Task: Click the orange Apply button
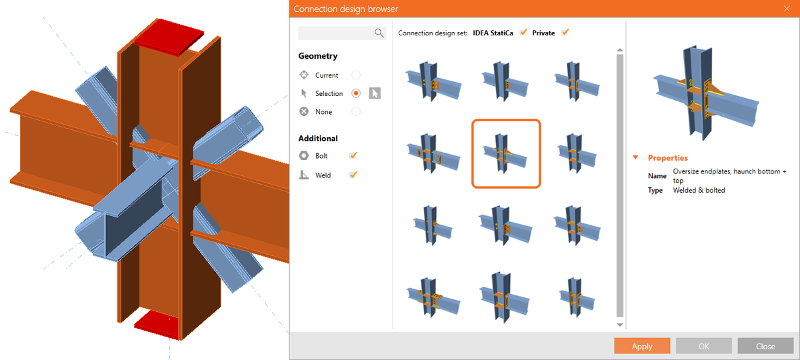tap(642, 346)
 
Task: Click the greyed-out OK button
tap(703, 346)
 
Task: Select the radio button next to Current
tap(356, 75)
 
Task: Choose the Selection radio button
tap(356, 93)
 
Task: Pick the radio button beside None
tap(356, 112)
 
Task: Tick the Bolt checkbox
tap(353, 156)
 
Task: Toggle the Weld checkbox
tap(353, 175)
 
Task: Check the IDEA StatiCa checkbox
tap(523, 33)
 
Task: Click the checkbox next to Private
tap(565, 33)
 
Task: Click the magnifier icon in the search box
tap(379, 33)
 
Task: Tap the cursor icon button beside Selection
tap(375, 93)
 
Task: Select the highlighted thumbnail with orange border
tap(506, 153)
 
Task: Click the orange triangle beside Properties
tap(635, 158)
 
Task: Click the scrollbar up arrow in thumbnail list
tap(620, 51)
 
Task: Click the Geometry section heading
tap(317, 56)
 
